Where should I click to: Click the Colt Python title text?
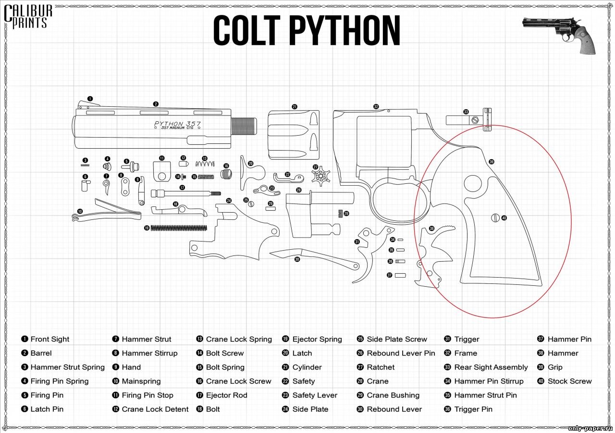point(307,31)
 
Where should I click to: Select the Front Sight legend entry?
point(45,339)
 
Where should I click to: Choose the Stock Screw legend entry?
point(565,381)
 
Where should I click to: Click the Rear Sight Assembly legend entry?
point(486,367)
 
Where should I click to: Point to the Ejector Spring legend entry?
point(312,339)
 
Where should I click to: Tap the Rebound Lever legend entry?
point(389,409)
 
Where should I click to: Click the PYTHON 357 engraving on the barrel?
point(177,124)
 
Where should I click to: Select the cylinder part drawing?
point(293,135)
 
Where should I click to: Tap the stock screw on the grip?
point(495,218)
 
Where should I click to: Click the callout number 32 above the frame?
point(376,106)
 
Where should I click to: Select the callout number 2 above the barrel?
point(156,103)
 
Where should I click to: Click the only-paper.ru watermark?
point(589,428)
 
